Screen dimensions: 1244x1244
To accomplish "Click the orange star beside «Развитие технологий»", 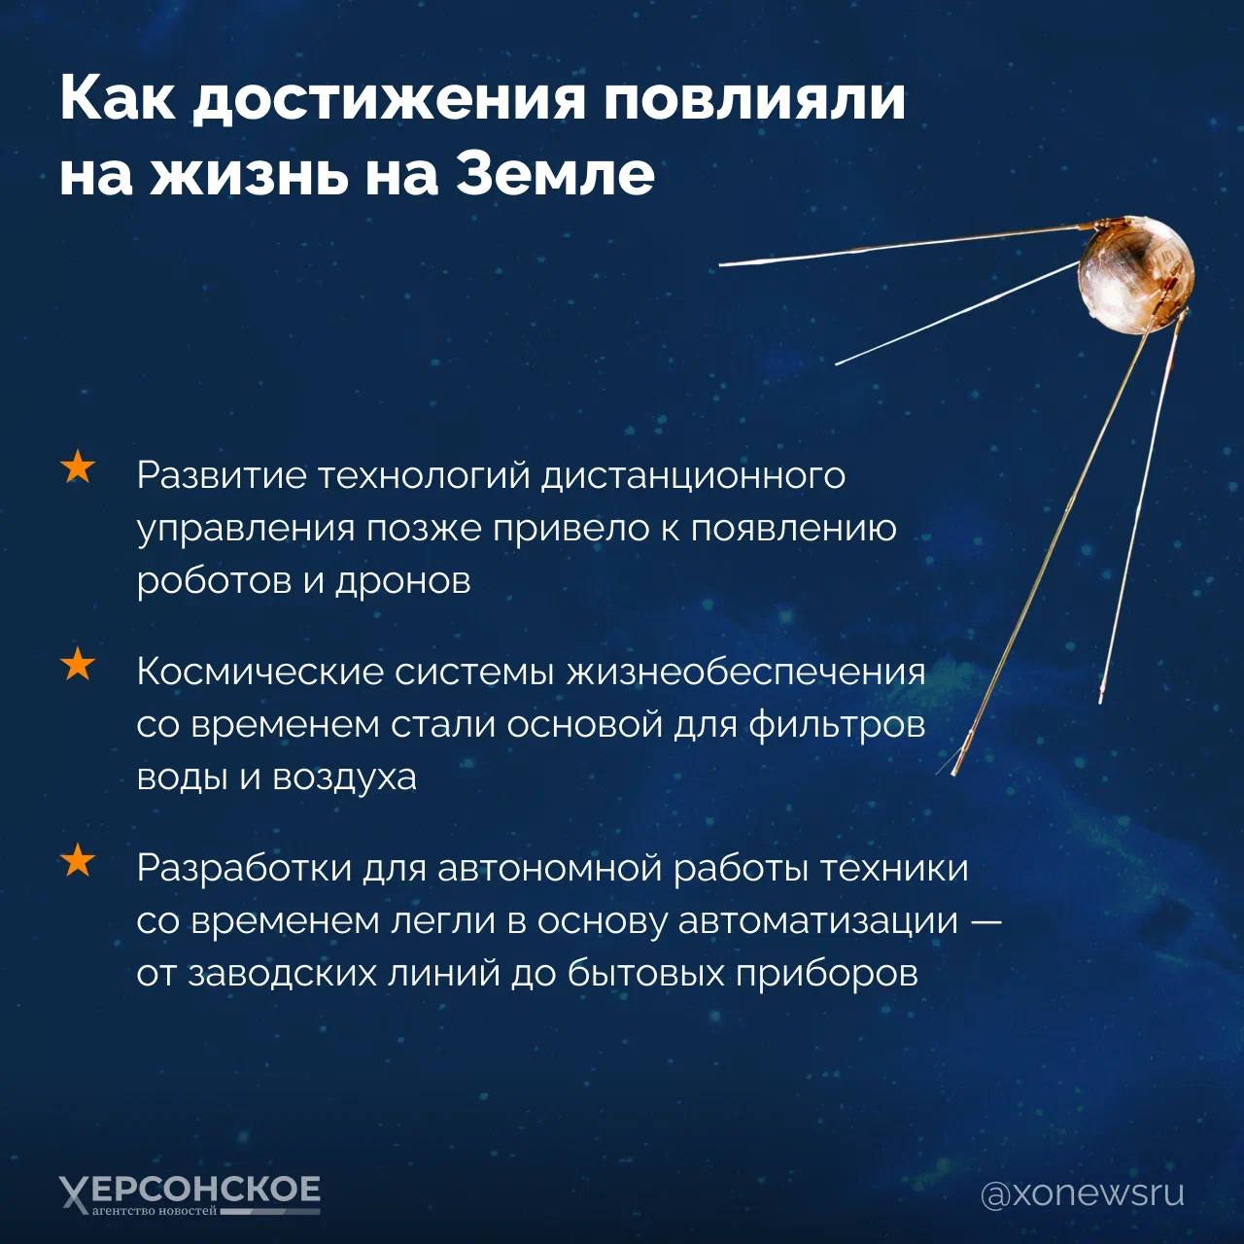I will [78, 467].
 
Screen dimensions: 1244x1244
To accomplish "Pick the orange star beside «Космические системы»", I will [78, 666].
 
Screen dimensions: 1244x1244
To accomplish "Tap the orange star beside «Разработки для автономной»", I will [78, 862].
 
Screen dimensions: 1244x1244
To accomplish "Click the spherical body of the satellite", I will [1134, 275].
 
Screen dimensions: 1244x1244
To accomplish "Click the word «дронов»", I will [403, 581].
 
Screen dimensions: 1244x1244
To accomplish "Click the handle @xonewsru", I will [1082, 1193].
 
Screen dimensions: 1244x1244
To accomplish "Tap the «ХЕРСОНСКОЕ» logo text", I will [190, 1190].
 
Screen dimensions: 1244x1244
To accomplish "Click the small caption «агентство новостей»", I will [155, 1212].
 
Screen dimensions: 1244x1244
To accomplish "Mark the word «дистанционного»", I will [693, 476].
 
